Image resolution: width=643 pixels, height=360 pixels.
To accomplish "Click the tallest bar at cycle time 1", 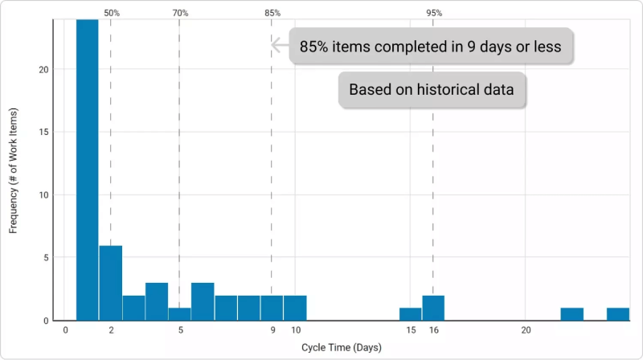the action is [88, 170].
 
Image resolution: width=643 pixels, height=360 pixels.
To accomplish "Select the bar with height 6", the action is [111, 283].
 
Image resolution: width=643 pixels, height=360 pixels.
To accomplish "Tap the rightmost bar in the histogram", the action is [618, 314].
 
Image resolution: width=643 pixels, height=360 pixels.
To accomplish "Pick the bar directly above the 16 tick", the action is [433, 308].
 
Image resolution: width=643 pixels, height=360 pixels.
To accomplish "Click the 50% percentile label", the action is [112, 13].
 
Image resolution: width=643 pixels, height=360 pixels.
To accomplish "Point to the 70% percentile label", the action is [180, 13].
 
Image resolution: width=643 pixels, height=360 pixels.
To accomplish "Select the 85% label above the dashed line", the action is [272, 13].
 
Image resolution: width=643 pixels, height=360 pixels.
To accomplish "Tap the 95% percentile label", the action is [434, 13].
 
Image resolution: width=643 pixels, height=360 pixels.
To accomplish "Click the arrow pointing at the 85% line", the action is [280, 45].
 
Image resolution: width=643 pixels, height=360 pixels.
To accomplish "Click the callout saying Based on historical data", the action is [432, 90].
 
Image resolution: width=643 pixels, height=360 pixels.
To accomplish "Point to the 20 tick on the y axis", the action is [43, 70].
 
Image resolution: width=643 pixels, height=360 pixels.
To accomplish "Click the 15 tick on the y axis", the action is [43, 132].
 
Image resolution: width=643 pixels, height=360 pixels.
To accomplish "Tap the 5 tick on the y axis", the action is [46, 258].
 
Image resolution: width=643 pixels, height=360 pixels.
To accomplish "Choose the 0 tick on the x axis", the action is [65, 330].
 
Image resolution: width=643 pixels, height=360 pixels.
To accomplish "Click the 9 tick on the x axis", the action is [272, 330].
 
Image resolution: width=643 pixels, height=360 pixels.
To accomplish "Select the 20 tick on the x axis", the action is [526, 330].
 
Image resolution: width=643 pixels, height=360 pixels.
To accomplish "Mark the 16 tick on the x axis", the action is [434, 330].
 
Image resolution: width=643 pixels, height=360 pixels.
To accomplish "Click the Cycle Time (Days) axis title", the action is [341, 348].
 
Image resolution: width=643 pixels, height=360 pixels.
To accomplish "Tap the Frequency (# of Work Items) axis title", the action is [13, 170].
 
